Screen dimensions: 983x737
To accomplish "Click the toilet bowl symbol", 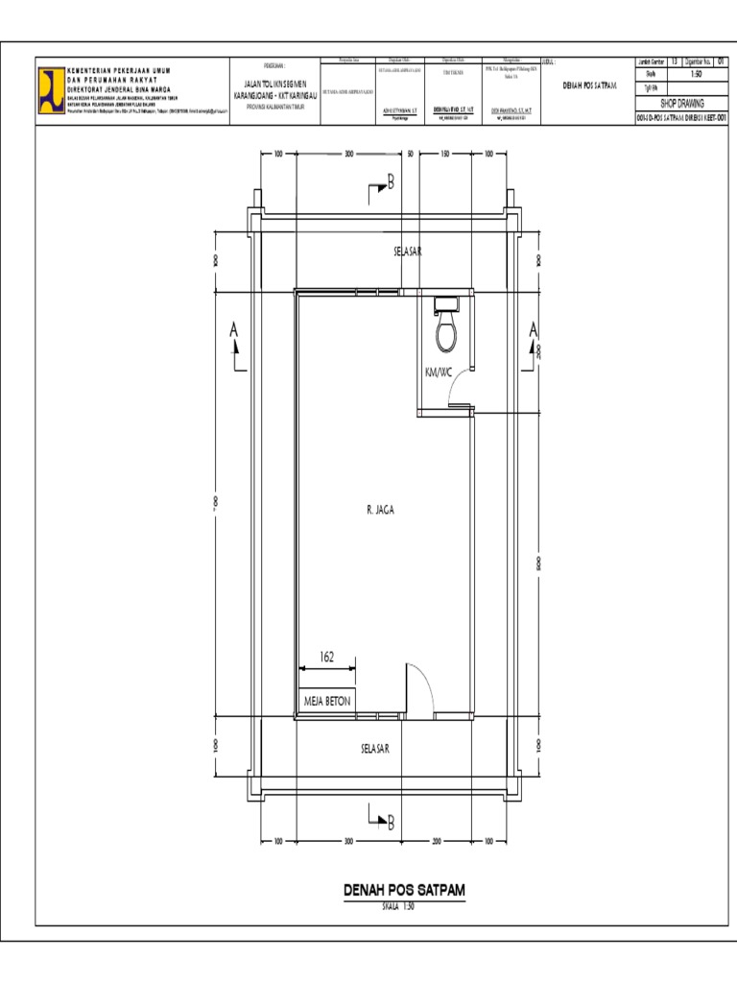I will click(447, 332).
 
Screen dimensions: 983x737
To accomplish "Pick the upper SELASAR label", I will click(408, 252).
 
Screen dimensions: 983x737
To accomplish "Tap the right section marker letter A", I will click(534, 330).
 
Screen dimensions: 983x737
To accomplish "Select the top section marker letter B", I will click(391, 183).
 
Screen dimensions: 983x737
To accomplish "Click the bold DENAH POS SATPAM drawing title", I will click(404, 891).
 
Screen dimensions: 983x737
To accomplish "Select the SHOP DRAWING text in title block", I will click(683, 101).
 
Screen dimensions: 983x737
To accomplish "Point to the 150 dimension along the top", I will click(444, 154).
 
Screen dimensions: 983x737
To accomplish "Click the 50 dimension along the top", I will click(410, 154).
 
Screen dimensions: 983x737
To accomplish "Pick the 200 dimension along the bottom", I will click(436, 841).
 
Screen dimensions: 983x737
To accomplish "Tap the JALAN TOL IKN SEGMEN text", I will click(269, 84).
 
